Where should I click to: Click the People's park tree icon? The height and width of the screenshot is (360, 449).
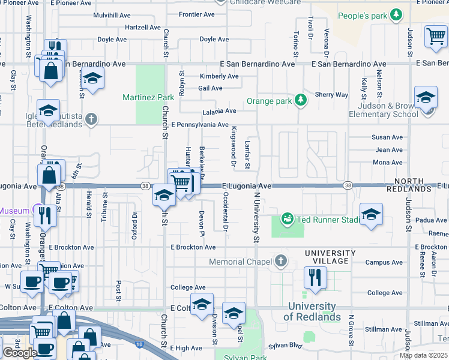(x=396, y=14)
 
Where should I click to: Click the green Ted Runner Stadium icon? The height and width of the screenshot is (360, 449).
(x=288, y=219)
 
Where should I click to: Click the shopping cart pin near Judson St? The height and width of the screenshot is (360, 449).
(x=436, y=36)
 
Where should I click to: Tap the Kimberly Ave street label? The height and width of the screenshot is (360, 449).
(x=219, y=76)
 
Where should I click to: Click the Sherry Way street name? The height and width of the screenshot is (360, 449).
(x=331, y=95)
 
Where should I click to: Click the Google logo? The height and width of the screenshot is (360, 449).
(x=20, y=353)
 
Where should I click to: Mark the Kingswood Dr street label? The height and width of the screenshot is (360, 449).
(x=234, y=148)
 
